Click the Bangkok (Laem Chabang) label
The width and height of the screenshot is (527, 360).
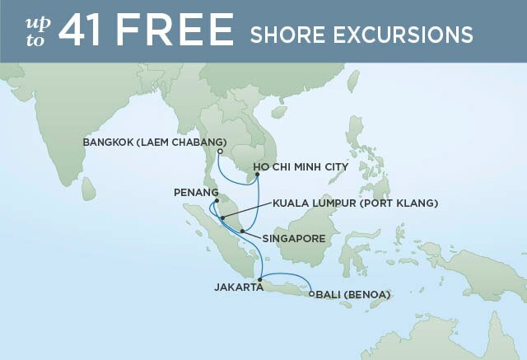(x=155, y=142)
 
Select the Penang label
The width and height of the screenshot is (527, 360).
(x=196, y=192)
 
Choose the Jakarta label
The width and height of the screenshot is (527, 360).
(x=237, y=288)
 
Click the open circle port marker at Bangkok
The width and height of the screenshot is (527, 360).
(x=221, y=151)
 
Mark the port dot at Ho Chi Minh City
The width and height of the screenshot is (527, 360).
(x=258, y=175)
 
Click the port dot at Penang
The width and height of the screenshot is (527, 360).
(x=217, y=200)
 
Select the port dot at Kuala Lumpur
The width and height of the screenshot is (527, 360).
(x=222, y=217)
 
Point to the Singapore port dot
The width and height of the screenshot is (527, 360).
(x=241, y=230)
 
